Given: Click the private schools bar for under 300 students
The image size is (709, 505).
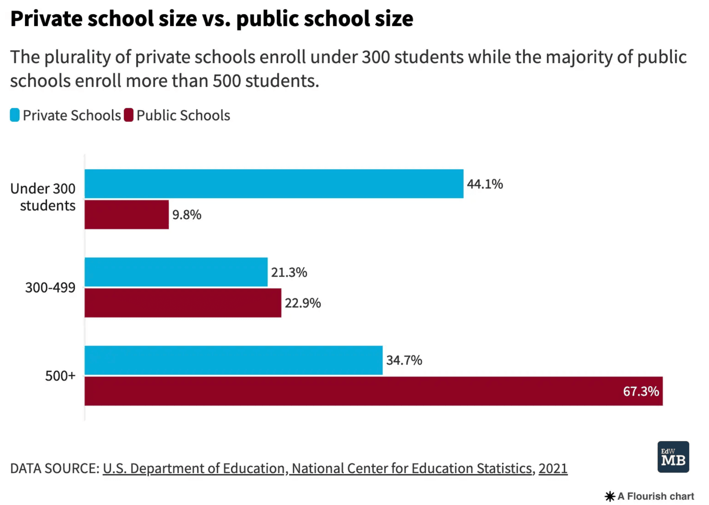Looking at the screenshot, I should [274, 183].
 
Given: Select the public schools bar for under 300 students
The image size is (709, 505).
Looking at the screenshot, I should [126, 214].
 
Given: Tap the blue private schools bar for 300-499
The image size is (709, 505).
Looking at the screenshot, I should [176, 272].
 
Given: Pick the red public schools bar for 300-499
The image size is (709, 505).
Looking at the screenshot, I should [182, 303].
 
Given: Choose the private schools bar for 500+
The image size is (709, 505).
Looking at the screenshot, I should [233, 360].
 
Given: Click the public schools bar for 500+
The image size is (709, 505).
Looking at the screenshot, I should [373, 391].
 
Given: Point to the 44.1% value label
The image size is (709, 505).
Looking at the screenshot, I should [484, 184].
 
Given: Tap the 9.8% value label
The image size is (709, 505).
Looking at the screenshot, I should [186, 214].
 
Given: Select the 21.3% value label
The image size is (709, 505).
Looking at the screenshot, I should [289, 272].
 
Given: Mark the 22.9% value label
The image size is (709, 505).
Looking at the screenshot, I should [302, 303].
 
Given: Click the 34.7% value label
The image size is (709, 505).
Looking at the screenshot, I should [404, 360].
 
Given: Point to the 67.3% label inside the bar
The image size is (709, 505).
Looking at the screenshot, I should [641, 391].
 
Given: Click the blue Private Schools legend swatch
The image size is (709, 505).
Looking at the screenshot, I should [15, 115].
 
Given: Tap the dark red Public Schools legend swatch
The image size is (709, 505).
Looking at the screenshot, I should [129, 115].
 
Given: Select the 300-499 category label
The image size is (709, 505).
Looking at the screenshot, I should [50, 287].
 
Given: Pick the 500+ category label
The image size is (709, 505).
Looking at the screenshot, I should [60, 376].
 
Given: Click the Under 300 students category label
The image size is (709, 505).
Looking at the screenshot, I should [43, 197].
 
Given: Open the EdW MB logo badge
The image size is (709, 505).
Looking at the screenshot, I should [673, 457].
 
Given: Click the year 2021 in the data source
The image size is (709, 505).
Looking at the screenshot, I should [552, 468].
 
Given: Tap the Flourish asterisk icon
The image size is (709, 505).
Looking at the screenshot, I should [610, 496].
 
